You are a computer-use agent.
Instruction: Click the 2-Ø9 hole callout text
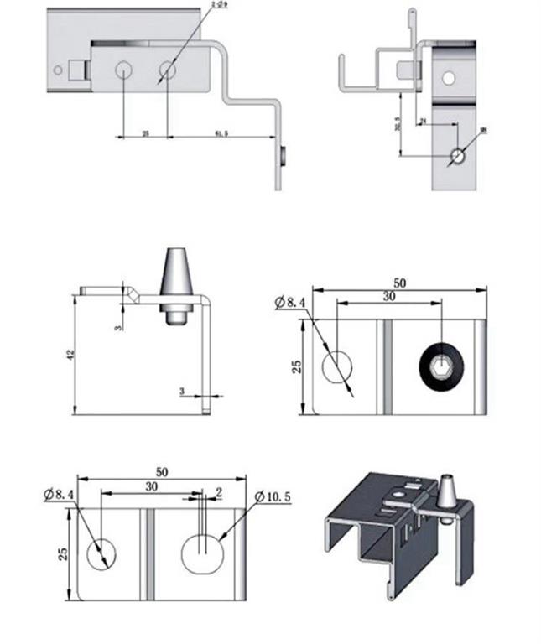point(219,4)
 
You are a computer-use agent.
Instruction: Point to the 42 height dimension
point(70,356)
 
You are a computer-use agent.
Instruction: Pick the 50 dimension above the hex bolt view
point(399,283)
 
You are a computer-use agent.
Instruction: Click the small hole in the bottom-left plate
point(102,553)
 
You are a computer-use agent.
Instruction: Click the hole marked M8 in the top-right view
point(457,156)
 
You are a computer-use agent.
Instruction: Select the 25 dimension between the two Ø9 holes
point(144,133)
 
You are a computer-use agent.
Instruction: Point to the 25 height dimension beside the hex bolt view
point(296,366)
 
